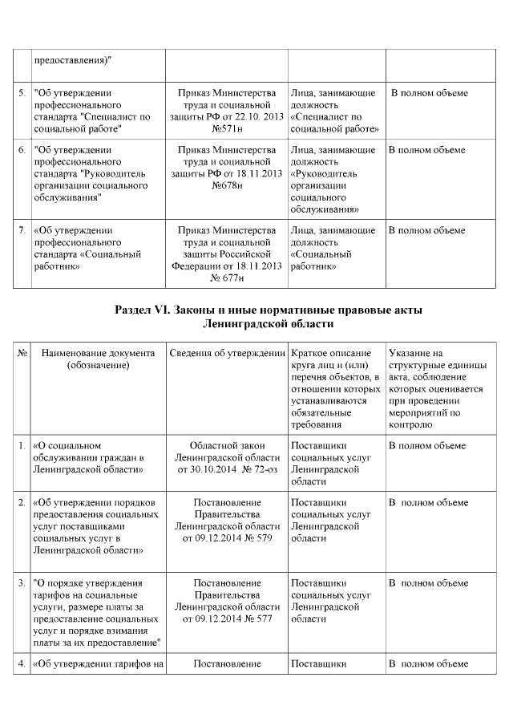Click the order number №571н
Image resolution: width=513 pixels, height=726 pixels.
tap(227, 128)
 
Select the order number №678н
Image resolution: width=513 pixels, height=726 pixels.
tap(227, 185)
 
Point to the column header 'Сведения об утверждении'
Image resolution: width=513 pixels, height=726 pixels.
tap(227, 354)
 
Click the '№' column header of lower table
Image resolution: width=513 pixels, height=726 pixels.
tap(22, 354)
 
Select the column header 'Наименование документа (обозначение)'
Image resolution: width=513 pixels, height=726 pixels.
tap(98, 359)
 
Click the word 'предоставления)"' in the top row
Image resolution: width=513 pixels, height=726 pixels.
tap(73, 60)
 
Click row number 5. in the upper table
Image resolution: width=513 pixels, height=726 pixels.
tap(22, 93)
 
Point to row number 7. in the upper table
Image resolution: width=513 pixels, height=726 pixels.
tap(22, 231)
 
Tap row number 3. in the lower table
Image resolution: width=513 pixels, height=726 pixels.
tap(22, 583)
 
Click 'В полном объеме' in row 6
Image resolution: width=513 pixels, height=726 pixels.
tap(426, 150)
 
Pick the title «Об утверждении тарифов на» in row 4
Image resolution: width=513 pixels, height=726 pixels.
tap(99, 664)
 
